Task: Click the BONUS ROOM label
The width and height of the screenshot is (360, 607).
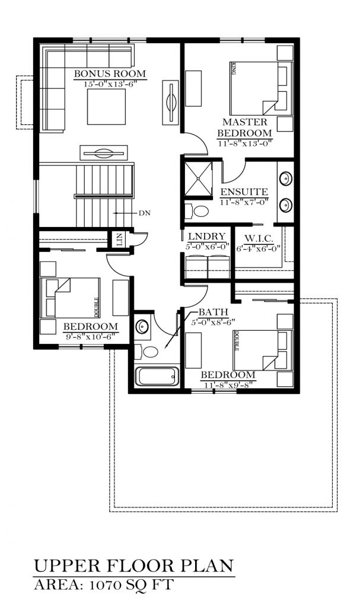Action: point(110,74)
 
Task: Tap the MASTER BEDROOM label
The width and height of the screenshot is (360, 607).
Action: point(244,127)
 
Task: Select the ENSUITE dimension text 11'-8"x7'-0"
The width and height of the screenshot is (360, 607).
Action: point(244,202)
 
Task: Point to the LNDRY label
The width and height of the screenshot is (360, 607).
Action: point(206,237)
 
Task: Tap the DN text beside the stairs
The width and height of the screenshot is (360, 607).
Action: point(145,213)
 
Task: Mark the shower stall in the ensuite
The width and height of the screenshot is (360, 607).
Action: point(199,179)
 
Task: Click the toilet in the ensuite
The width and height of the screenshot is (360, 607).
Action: point(197,211)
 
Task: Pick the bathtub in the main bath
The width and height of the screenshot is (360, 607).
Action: point(157,376)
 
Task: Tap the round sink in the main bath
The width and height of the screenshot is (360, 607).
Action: point(142,325)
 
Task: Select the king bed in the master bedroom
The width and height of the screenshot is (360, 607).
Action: point(261,87)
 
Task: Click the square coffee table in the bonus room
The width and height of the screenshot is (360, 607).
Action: point(106,107)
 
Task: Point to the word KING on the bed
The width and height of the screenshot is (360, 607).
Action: point(234,70)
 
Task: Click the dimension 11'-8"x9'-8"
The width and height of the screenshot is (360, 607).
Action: point(228,385)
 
